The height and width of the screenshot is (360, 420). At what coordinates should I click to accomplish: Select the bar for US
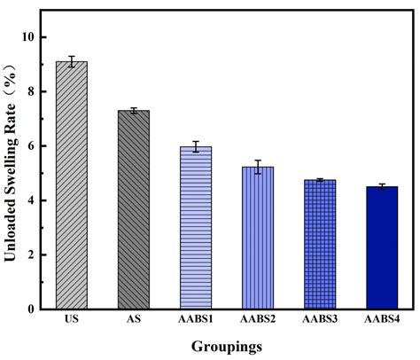tap(71, 186)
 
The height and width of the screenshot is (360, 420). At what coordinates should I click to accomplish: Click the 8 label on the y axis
tap(29, 91)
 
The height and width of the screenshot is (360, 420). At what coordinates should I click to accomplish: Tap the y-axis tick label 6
tap(29, 146)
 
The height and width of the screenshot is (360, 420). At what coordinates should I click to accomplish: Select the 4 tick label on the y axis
tap(29, 200)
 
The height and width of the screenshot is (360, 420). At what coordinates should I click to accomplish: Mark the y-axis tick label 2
tap(29, 254)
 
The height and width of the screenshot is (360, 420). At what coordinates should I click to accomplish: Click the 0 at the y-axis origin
tap(29, 309)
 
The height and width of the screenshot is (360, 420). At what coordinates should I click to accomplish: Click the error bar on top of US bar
tap(71, 62)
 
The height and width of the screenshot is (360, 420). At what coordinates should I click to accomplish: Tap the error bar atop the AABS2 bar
tap(258, 167)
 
